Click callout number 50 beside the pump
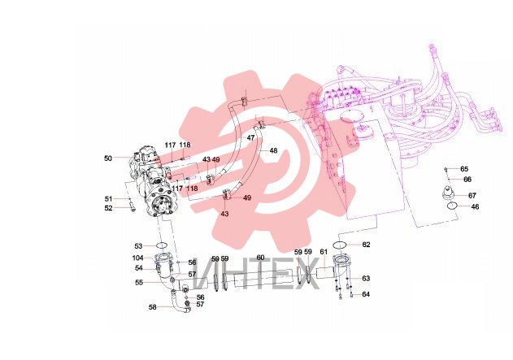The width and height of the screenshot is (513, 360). pos(108,158)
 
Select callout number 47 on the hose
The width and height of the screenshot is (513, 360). pos(250,138)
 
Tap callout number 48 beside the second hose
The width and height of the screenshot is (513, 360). pos(273,150)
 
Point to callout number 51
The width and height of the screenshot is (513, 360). pos(108,199)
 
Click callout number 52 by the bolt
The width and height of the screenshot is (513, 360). pos(108,208)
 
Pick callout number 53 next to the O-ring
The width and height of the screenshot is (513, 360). pos(138,246)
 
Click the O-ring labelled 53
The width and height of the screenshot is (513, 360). pos(162,245)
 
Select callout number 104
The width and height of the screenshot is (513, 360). pos(137,258)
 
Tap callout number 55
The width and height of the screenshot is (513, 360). pos(139,282)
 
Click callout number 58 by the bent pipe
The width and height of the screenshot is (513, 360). pos(153,307)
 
